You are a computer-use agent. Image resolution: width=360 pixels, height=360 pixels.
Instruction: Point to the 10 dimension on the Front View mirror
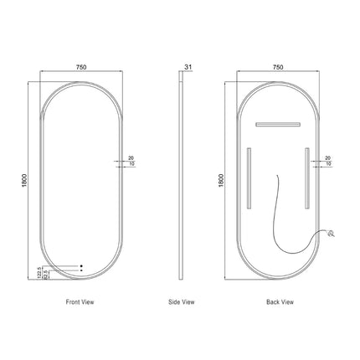coord(130,164)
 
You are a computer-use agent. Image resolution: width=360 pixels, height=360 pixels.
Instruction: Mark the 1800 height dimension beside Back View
coord(221,179)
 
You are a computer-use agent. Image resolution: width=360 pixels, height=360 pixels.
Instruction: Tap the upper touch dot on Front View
coord(81,265)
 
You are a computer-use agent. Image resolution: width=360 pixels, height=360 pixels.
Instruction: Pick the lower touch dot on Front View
coord(81,271)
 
